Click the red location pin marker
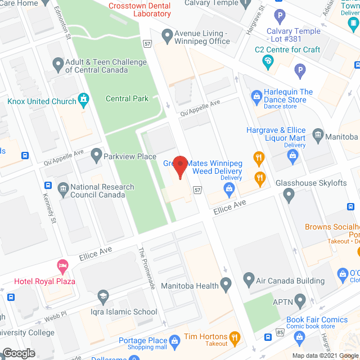tap(179, 166)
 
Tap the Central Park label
tap(127, 98)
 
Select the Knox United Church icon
tap(84, 101)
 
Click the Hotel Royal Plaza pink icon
tap(62, 265)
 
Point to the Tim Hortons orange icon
tap(235, 338)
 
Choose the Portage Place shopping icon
tap(175, 340)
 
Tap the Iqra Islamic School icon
tap(102, 296)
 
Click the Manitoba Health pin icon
tap(226, 285)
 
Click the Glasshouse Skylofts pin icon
tap(289, 196)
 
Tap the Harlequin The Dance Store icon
tap(256, 96)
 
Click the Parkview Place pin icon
tap(96, 155)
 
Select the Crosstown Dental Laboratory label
tap(139, 9)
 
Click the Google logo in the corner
tap(18, 353)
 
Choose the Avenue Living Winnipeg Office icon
tap(166, 37)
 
